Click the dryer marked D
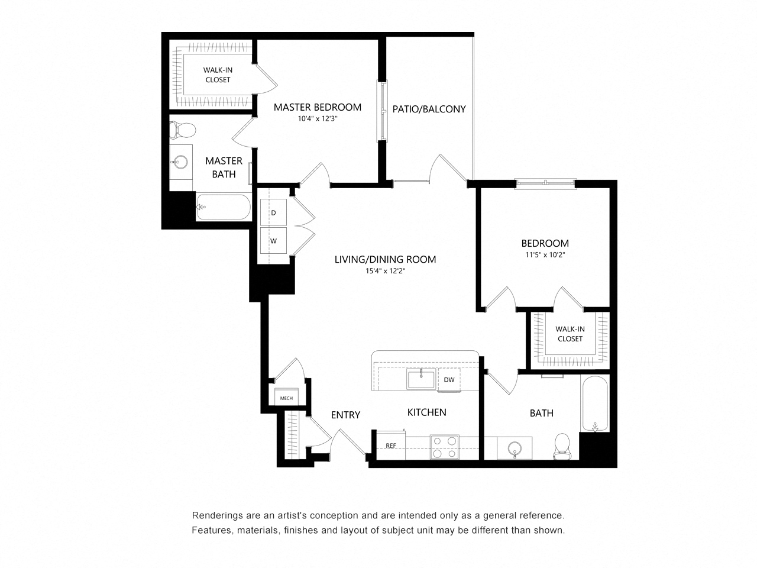click(273, 212)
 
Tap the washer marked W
click(273, 240)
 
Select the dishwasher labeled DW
click(449, 380)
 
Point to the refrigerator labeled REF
click(390, 446)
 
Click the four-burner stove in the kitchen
click(445, 447)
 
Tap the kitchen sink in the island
click(421, 379)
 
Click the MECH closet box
click(286, 398)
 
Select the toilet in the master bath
click(182, 130)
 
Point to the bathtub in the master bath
click(224, 207)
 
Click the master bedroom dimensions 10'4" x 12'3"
click(317, 119)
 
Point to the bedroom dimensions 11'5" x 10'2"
click(545, 255)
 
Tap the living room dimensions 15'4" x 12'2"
click(385, 271)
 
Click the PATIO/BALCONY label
click(429, 109)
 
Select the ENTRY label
click(345, 415)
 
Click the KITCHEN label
click(426, 412)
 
